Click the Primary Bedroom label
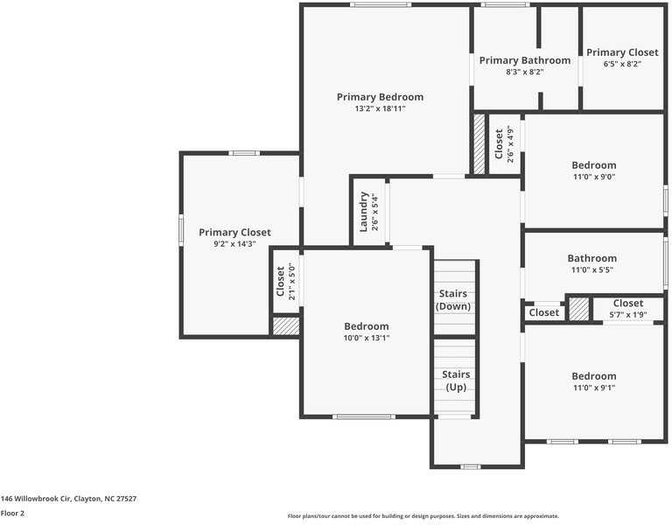380,97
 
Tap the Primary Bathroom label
524,60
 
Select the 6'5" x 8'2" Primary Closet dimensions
621,64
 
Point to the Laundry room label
364,212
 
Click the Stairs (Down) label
453,300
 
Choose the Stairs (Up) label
455,381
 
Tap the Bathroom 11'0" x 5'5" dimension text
593,270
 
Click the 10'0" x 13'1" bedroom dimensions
367,338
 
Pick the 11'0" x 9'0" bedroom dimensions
593,177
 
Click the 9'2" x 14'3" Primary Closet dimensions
234,245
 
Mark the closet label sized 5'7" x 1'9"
627,304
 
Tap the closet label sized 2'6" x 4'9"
500,143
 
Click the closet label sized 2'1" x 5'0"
281,281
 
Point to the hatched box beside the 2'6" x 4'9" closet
479,143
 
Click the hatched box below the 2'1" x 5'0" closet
285,325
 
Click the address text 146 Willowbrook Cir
68,499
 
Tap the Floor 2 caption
12,514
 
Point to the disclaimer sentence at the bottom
423,516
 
